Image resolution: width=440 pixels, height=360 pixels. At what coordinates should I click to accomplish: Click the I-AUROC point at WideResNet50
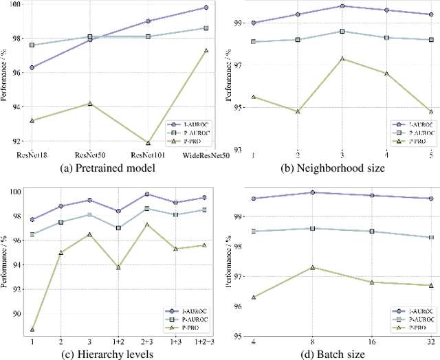[x=206, y=8]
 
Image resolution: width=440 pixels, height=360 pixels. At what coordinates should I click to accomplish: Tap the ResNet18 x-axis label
[x=33, y=155]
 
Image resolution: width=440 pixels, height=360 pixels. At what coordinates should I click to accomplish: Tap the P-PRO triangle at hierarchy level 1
[x=32, y=330]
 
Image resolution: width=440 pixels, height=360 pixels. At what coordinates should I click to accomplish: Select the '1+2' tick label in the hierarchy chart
[x=118, y=341]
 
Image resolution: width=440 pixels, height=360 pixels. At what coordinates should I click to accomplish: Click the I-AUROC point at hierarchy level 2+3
[x=147, y=194]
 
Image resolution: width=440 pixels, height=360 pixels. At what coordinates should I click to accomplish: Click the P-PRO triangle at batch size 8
[x=313, y=267]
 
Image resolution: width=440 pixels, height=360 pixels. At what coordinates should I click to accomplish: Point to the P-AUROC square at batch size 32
[x=431, y=237]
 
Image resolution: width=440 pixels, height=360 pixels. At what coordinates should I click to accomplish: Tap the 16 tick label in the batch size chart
[x=372, y=341]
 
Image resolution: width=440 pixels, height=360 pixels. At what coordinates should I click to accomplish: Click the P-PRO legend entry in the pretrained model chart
[x=189, y=139]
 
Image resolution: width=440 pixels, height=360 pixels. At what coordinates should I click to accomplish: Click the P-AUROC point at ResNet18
[x=33, y=45]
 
